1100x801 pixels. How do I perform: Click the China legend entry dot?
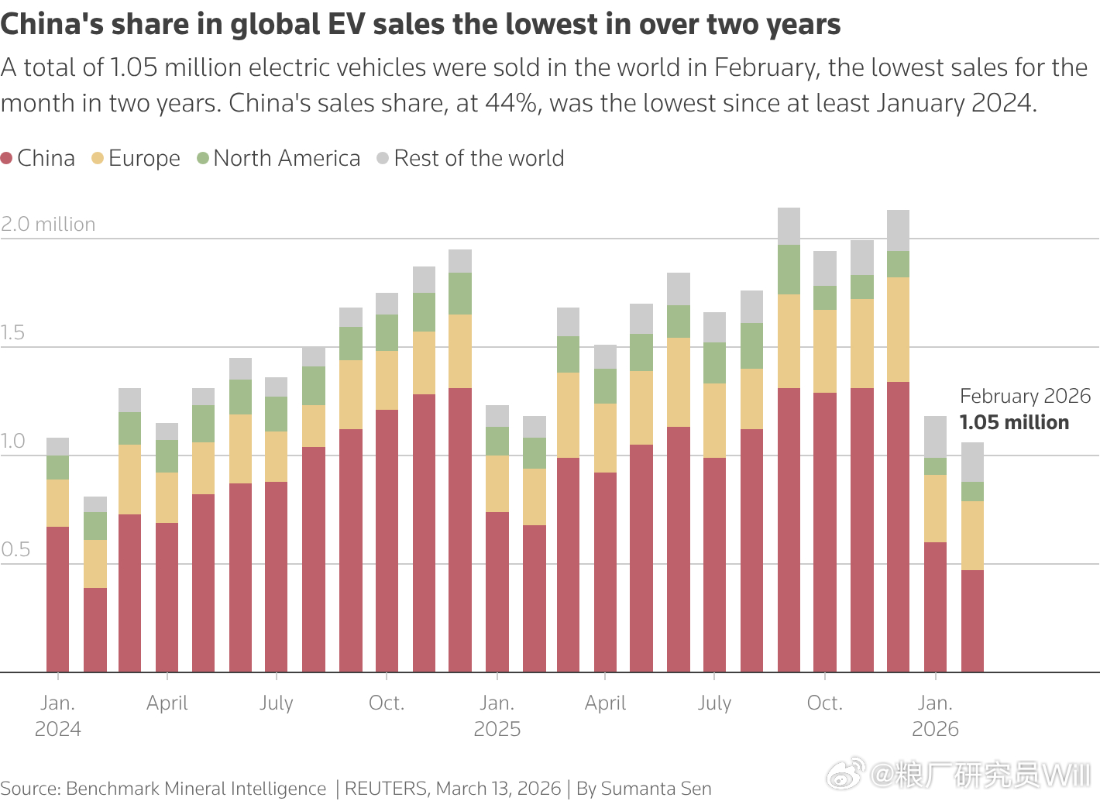coord(7,159)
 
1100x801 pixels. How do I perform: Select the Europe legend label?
coord(144,159)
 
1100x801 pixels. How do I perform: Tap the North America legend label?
coord(287,159)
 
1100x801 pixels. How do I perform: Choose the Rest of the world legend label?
coord(479,159)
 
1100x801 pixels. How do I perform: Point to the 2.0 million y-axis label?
coord(48,225)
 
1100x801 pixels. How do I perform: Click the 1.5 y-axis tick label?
coord(13,333)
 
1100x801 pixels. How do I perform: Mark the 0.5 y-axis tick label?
coord(15,550)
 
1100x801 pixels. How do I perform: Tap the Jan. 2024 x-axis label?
coord(58,716)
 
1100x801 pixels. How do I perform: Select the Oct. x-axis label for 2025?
coord(824,703)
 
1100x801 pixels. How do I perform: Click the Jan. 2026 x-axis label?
coord(935,716)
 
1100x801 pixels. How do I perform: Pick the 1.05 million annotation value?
coord(1014,423)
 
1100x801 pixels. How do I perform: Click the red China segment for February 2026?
coord(972,620)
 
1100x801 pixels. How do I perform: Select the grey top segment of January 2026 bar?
coord(935,437)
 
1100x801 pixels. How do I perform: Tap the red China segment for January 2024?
coord(58,599)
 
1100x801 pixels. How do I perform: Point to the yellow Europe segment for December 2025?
coord(899,329)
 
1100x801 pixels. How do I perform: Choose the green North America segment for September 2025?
coord(789,270)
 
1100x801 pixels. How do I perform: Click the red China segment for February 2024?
coord(95,629)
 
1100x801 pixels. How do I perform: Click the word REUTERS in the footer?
coord(385,789)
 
